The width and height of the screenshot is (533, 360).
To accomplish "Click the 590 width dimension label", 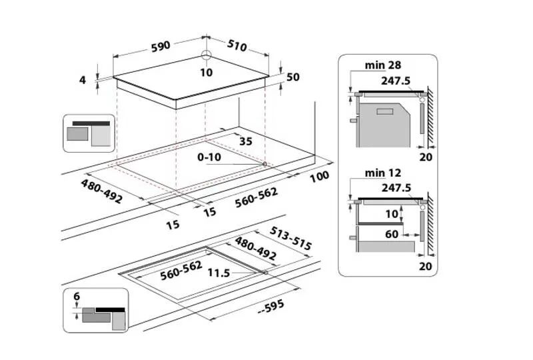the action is [x=161, y=47].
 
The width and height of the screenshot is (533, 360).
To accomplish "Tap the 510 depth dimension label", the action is [x=237, y=45].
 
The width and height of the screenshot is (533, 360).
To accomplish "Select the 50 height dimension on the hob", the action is [x=292, y=77].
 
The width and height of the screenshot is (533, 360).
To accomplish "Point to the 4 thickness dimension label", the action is [x=83, y=80].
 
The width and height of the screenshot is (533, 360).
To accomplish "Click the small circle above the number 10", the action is [x=207, y=55].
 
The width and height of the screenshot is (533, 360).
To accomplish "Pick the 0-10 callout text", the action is [x=209, y=157].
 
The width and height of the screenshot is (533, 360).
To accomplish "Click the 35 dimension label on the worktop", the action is [x=246, y=141].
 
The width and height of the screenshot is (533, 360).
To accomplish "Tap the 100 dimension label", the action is [x=320, y=177].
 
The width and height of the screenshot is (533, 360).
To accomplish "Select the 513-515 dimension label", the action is [x=290, y=238].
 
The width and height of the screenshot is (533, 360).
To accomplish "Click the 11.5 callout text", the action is [x=219, y=273].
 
